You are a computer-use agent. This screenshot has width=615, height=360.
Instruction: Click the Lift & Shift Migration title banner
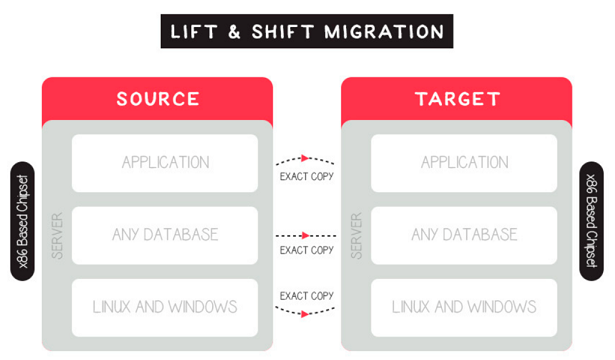tap(307, 31)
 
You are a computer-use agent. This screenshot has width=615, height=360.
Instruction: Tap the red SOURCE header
tap(157, 99)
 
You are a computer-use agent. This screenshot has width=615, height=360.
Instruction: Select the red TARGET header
tap(456, 99)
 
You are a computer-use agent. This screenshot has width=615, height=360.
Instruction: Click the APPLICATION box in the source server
tap(165, 162)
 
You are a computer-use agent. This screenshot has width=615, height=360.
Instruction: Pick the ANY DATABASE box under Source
tap(165, 235)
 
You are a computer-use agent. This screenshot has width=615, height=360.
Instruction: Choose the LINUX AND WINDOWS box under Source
tap(165, 306)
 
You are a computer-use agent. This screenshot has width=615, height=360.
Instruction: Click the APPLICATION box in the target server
tap(464, 162)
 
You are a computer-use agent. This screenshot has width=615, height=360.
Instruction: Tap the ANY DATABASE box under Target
tap(464, 235)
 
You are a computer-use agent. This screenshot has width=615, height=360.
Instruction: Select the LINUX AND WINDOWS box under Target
tap(464, 306)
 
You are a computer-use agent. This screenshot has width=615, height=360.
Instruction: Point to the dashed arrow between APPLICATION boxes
tap(306, 159)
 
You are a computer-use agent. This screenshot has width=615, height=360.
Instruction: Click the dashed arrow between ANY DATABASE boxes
tap(306, 236)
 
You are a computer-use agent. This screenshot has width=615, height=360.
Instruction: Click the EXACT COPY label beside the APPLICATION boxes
tap(306, 176)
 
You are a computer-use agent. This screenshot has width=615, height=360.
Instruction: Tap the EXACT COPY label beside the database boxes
tap(306, 250)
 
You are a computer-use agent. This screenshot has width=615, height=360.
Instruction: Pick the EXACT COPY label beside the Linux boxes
tap(306, 295)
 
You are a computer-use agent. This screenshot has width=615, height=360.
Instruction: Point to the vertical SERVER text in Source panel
tap(56, 235)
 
